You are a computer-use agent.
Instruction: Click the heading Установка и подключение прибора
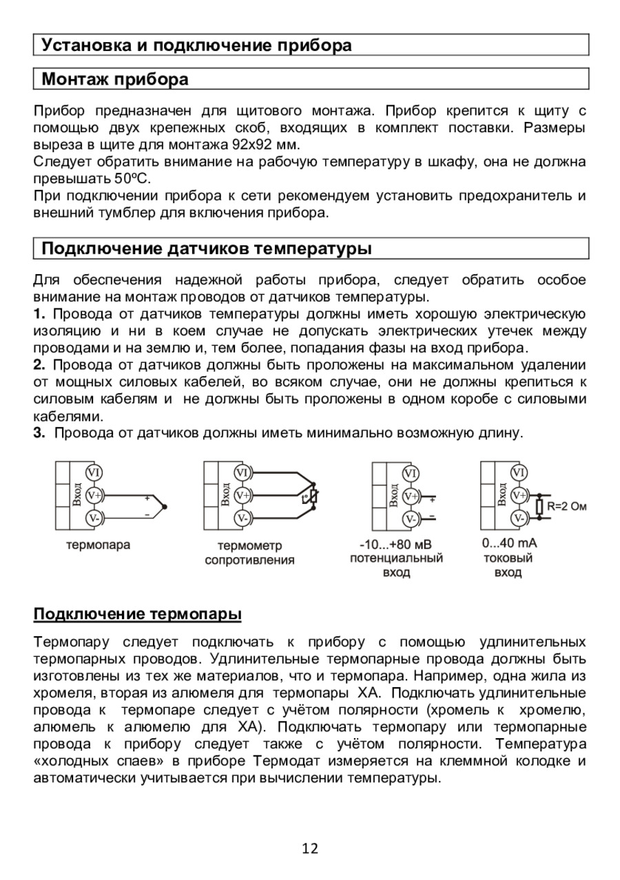[197, 45]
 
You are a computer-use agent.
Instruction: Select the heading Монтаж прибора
[115, 79]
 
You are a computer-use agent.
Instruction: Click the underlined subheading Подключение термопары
[138, 613]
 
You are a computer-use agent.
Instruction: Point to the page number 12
[310, 848]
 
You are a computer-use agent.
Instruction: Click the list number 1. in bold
[39, 315]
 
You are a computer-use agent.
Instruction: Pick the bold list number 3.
[39, 433]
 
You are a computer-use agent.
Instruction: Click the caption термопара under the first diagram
[98, 545]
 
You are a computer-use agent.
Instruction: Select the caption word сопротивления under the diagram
[249, 560]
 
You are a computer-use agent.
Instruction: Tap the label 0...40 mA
[509, 543]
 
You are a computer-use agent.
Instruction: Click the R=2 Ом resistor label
[566, 507]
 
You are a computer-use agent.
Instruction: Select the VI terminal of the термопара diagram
[94, 472]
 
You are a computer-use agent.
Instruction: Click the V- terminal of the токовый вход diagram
[519, 518]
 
